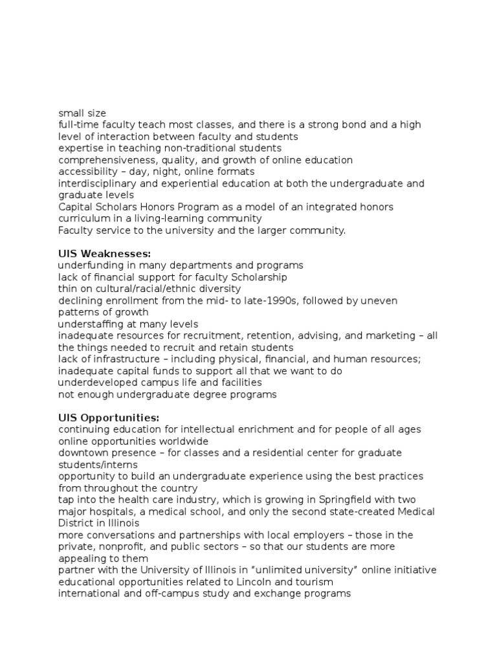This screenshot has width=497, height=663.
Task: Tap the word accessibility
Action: click(x=87, y=172)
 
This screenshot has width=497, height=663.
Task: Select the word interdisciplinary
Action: click(x=98, y=183)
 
